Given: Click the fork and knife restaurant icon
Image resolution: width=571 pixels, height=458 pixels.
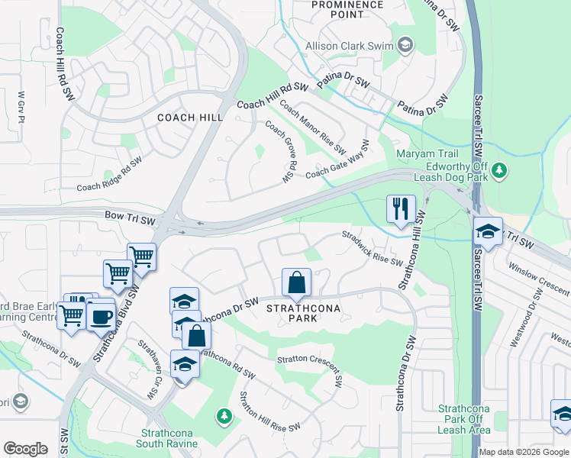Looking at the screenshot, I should click(401, 209).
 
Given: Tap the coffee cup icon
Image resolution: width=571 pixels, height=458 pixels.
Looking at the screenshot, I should click(100, 314).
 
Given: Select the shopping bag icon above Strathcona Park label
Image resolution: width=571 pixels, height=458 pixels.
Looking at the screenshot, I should click(296, 282).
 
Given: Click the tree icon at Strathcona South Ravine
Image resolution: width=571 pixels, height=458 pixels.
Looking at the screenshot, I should click(224, 416).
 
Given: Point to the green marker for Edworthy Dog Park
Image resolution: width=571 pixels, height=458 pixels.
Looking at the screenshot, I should click(499, 169).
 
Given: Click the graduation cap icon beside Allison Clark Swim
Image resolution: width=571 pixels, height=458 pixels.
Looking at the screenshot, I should click(405, 46).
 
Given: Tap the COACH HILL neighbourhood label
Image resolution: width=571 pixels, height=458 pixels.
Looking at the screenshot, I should click(190, 118).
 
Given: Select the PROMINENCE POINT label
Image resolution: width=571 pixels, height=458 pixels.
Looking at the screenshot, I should click(347, 10).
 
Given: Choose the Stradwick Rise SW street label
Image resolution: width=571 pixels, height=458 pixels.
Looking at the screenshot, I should click(372, 249).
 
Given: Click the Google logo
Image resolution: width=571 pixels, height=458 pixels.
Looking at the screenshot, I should click(26, 449).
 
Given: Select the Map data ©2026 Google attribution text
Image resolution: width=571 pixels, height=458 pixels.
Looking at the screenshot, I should click(523, 452).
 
